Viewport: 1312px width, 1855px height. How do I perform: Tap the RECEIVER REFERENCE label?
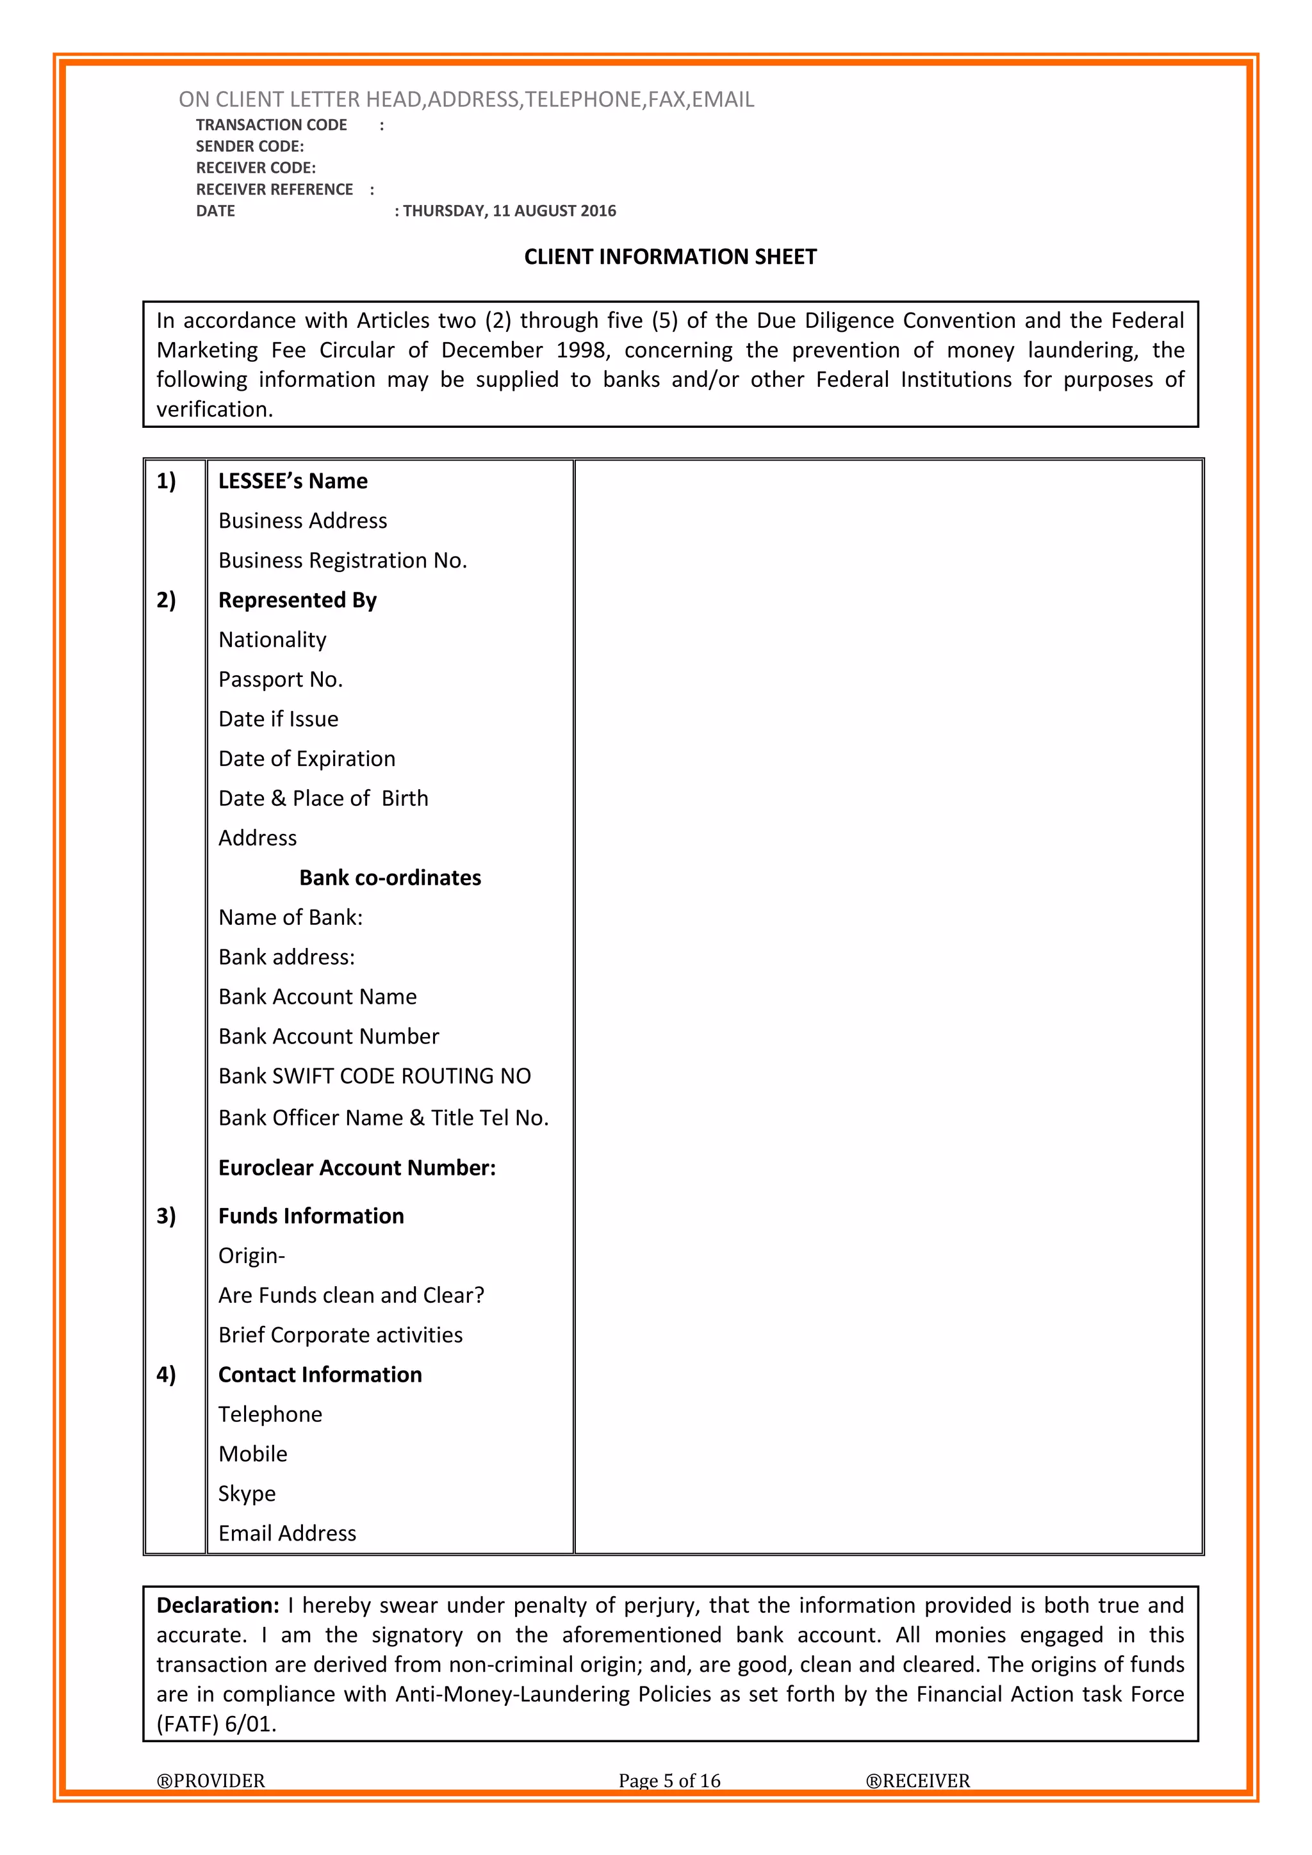click(275, 190)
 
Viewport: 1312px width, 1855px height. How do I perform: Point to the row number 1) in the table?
click(166, 482)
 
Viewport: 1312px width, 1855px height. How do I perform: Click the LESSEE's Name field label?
click(293, 482)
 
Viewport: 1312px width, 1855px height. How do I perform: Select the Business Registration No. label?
click(343, 560)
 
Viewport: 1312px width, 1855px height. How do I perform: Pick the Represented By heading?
click(297, 600)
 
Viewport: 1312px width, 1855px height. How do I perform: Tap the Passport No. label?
click(281, 680)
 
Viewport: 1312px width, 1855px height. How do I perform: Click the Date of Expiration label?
click(307, 758)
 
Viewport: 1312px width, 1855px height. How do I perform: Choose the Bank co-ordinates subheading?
click(390, 878)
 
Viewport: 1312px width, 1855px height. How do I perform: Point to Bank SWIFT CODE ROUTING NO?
click(375, 1076)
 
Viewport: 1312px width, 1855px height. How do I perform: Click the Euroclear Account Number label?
click(357, 1168)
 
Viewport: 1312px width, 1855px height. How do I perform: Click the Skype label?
click(247, 1494)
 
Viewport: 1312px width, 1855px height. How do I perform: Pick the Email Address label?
click(287, 1533)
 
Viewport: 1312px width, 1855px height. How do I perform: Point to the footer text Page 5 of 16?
click(669, 1781)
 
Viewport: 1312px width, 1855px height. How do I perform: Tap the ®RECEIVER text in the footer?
click(918, 1781)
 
